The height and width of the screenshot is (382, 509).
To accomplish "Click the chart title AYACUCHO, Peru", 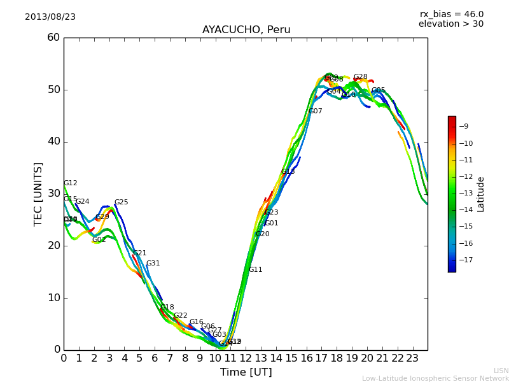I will (x=246, y=30).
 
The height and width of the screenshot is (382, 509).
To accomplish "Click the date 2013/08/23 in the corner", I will (x=50, y=17).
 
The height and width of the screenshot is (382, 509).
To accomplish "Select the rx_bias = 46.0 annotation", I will (x=451, y=14).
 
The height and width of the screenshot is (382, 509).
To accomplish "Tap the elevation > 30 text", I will (x=451, y=24).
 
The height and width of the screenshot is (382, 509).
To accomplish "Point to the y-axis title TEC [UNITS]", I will (x=39, y=194).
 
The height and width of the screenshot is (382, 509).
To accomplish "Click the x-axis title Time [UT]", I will (x=246, y=372).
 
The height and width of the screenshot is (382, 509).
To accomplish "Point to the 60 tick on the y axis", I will (x=53, y=38).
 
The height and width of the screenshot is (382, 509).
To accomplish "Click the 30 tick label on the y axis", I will (x=53, y=194).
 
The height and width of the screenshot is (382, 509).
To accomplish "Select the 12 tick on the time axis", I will (x=246, y=358).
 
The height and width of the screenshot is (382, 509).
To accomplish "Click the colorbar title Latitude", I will (x=481, y=194).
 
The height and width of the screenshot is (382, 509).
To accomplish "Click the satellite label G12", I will (x=70, y=183).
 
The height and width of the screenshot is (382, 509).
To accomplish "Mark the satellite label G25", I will (x=121, y=202).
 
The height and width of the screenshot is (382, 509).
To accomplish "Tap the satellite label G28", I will (x=360, y=77).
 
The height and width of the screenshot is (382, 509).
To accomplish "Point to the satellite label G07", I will (x=315, y=111).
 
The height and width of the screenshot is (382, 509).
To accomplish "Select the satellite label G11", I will (x=255, y=270).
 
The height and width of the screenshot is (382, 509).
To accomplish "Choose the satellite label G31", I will (x=153, y=264).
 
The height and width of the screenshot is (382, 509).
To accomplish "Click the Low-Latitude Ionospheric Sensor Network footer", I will (x=435, y=378).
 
